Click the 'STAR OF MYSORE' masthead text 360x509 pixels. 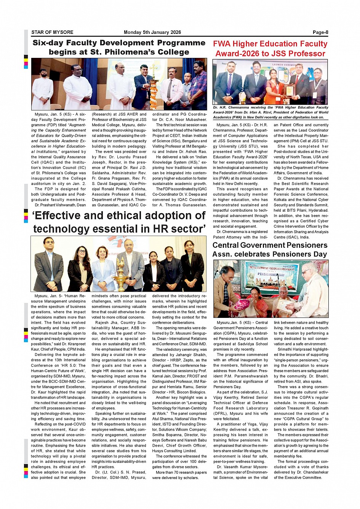[x=52, y=32]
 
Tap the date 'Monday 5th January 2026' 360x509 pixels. [x=152, y=32]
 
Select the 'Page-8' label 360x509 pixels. [x=320, y=32]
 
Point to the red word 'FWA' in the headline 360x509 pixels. [x=222, y=44]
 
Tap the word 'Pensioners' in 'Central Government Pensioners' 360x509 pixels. [x=301, y=245]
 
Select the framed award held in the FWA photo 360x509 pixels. [x=290, y=90]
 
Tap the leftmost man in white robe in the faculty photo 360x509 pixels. [x=42, y=89]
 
